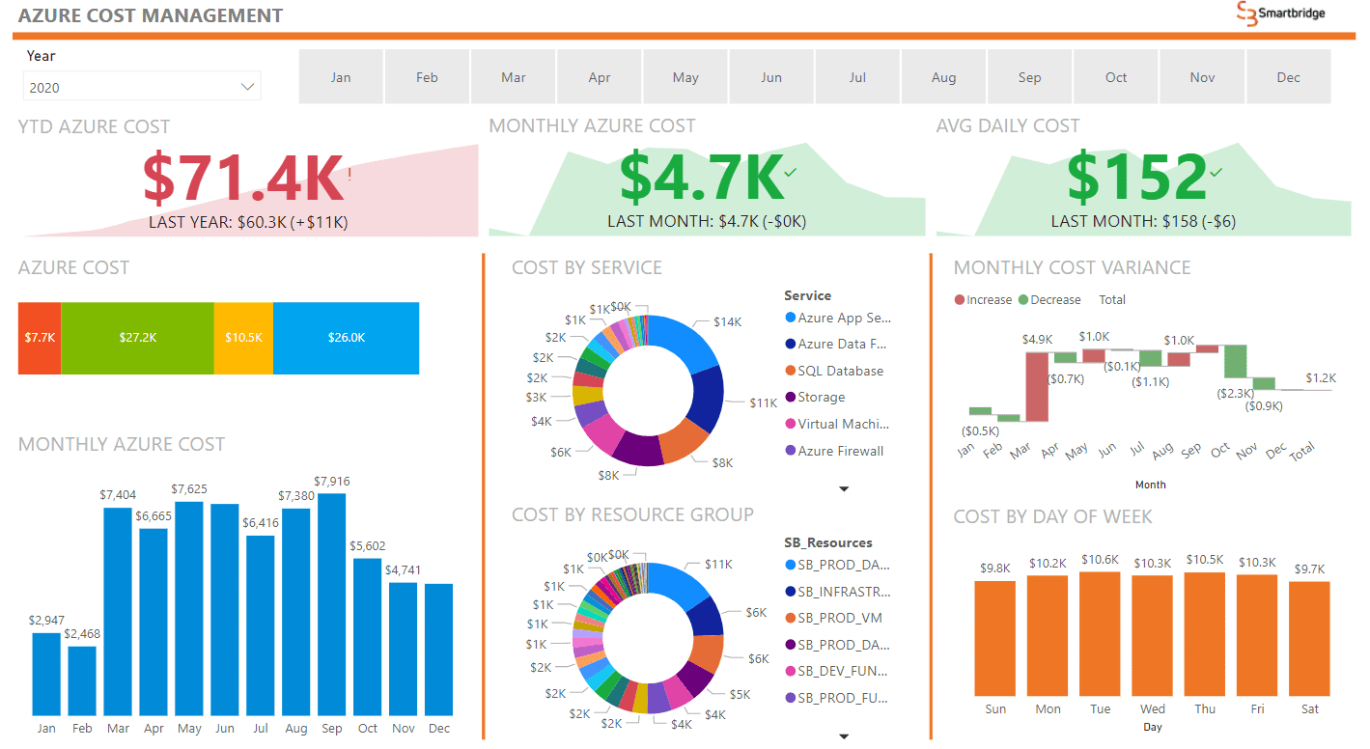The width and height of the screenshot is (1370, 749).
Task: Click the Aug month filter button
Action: click(943, 77)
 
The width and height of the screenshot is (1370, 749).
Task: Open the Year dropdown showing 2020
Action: click(142, 88)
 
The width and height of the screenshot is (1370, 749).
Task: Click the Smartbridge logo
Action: click(1281, 14)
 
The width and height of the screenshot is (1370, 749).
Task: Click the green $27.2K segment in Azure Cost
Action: click(137, 338)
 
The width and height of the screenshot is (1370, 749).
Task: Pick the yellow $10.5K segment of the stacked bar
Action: click(243, 338)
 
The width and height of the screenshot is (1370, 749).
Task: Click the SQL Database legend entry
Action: click(840, 371)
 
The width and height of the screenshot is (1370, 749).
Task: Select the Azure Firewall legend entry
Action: click(840, 451)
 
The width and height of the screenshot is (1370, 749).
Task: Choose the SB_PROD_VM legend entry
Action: click(839, 618)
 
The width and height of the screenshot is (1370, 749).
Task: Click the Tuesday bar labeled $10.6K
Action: click(1100, 633)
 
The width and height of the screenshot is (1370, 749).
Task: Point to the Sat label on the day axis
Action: click(1309, 708)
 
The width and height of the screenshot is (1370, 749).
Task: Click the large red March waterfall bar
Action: click(1036, 386)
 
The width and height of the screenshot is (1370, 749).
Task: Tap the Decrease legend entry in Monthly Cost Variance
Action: click(1054, 299)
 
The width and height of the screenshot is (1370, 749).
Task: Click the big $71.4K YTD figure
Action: click(243, 178)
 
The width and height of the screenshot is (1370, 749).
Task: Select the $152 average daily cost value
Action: click(1136, 178)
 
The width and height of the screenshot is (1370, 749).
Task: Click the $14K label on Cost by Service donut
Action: click(727, 322)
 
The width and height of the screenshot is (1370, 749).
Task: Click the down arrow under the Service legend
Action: click(844, 489)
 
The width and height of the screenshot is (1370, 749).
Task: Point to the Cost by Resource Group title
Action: click(632, 514)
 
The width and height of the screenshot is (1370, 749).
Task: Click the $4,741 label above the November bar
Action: click(404, 570)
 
